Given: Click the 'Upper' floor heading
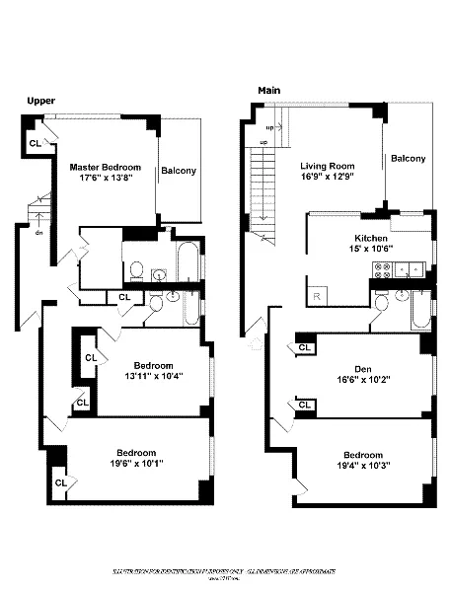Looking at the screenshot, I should click(x=39, y=101).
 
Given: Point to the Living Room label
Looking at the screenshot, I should click(x=327, y=167).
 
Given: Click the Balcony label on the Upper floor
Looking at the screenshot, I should click(x=179, y=171).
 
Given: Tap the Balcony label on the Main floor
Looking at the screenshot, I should click(x=408, y=159).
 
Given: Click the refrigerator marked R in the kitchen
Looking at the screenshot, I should click(x=317, y=294).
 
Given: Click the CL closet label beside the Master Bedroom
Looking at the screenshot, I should click(x=35, y=143).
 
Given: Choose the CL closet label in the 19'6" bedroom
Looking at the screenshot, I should click(x=60, y=482).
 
